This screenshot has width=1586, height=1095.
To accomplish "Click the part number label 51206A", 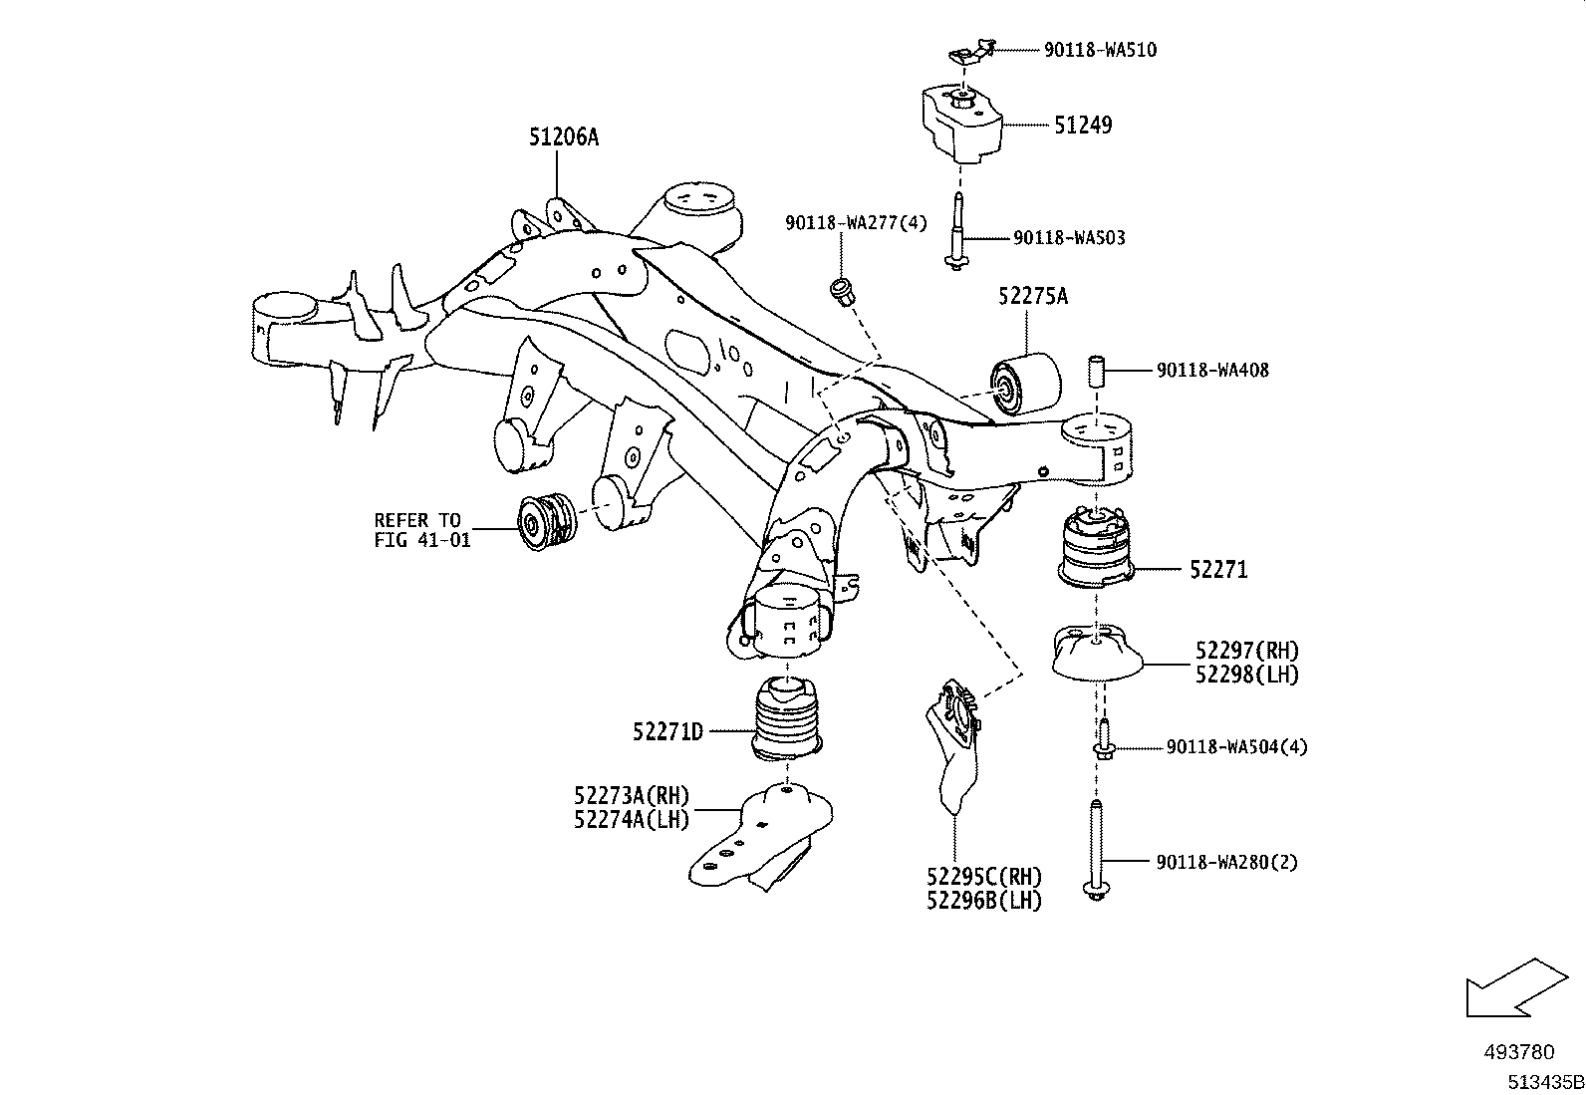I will click(563, 137).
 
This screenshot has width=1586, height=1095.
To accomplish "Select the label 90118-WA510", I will click(1100, 49).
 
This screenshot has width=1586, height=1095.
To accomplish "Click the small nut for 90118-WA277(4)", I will click(841, 292).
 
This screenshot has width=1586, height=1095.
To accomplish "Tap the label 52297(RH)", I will click(1247, 651).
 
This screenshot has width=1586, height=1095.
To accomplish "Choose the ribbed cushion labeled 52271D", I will click(787, 721).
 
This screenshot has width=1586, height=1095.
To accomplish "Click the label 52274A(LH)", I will click(632, 818).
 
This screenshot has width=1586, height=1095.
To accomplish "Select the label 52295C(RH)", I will click(983, 877).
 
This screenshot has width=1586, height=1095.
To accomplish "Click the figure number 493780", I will click(1518, 1051).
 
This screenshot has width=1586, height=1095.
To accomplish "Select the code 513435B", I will click(1544, 1080).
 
